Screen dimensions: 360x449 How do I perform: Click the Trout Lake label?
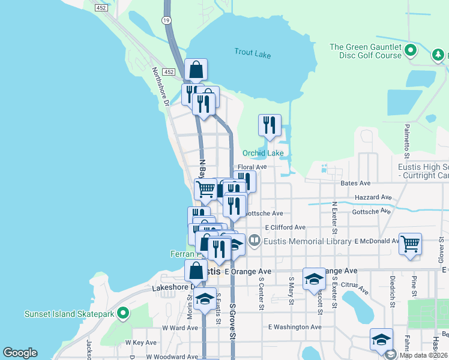253,55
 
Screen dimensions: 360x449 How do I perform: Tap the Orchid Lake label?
263,153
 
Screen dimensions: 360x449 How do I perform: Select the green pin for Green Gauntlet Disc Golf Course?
411,50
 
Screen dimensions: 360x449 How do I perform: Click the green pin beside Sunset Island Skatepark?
124,313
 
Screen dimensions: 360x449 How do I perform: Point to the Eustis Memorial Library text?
308,241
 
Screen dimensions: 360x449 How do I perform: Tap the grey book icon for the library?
255,241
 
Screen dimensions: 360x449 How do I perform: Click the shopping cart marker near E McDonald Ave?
410,245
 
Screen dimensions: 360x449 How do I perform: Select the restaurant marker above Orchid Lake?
270,125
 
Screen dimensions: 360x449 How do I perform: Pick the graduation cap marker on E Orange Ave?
314,280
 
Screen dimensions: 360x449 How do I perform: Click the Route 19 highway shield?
164,20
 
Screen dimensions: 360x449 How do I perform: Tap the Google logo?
20,353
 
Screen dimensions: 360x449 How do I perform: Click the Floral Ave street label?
252,167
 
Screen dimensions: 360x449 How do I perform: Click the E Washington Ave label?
295,327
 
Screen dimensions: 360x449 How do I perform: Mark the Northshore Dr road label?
160,85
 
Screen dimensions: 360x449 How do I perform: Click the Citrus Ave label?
355,288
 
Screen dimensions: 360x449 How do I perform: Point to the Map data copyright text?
423,354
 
